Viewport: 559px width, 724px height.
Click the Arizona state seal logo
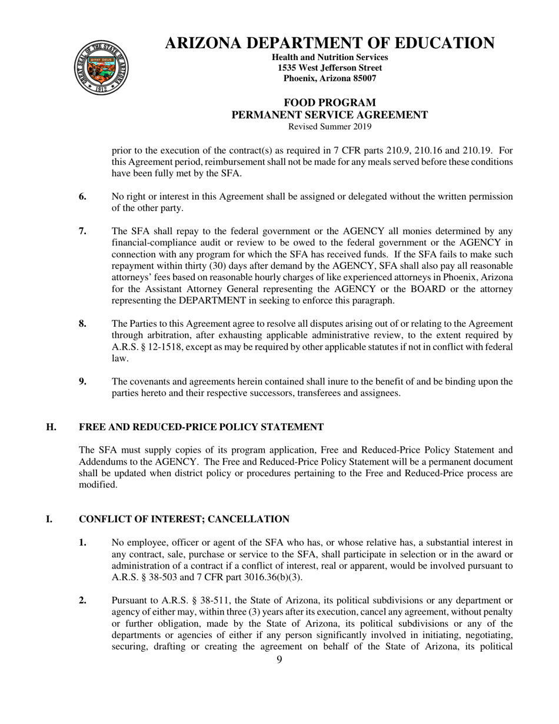tap(100, 68)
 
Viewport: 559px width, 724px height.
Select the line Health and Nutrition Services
tap(330, 57)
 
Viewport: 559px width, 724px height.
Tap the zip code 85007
tap(361, 78)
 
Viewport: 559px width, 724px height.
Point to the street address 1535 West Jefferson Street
tap(330, 68)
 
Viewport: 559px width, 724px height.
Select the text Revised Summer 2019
tap(330, 127)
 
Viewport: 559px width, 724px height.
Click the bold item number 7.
tap(83, 231)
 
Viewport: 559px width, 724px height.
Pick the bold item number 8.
tap(83, 324)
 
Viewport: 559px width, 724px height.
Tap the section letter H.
tap(51, 427)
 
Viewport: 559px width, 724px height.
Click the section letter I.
tap(49, 519)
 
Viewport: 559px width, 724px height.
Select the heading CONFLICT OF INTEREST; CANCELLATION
tap(184, 519)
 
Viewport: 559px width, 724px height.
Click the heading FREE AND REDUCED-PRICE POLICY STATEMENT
tap(201, 427)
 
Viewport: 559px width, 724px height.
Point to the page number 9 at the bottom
tap(279, 660)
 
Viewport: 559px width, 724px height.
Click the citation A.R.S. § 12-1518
tap(147, 347)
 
